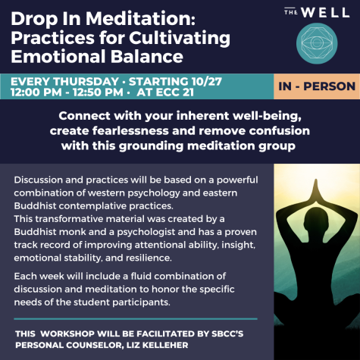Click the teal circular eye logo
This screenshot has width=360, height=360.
click(x=317, y=43)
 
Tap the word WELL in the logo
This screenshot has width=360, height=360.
click(x=326, y=13)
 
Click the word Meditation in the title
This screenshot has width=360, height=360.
click(x=140, y=19)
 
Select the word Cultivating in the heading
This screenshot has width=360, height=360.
click(x=180, y=39)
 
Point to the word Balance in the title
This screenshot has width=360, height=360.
click(x=147, y=56)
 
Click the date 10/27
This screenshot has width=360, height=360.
click(x=207, y=81)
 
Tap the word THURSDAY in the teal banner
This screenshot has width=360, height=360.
click(x=86, y=81)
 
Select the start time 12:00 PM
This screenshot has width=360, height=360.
click(x=36, y=92)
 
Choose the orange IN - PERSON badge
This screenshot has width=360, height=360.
click(x=317, y=86)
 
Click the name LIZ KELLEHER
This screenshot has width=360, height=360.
click(x=157, y=345)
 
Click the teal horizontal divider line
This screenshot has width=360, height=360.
click(x=136, y=319)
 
